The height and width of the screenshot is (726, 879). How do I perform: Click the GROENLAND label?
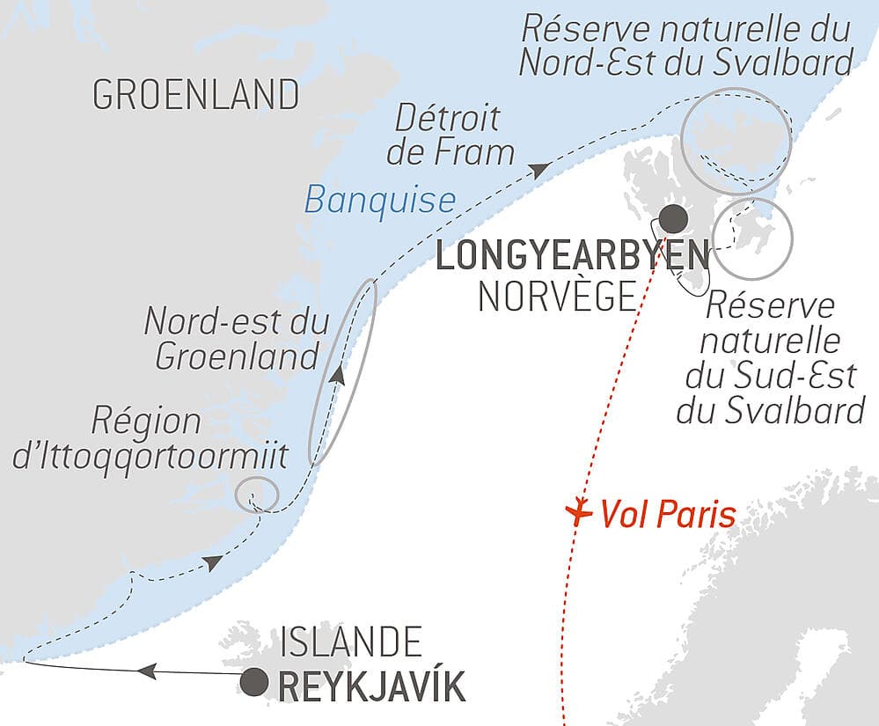tap(195, 95)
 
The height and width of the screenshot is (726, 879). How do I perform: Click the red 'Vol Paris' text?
tap(668, 515)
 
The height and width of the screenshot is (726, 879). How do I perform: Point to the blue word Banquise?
tap(380, 201)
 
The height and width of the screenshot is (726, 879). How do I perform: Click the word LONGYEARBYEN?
tap(572, 257)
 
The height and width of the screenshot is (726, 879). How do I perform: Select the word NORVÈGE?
tap(556, 297)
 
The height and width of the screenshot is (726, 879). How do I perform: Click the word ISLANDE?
tap(350, 642)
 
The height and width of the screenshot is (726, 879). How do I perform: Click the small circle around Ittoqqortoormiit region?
tap(257, 495)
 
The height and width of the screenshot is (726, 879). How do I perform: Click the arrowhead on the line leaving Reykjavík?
tap(147, 671)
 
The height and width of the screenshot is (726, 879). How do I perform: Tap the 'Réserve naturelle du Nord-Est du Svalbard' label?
tap(686, 46)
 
